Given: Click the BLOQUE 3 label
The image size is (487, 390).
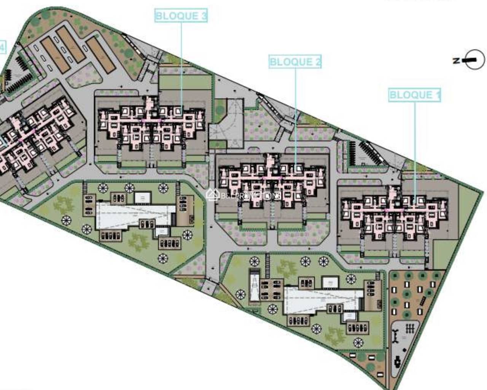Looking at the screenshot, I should tap(181, 16).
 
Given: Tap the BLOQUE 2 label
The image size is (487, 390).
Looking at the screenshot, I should tap(295, 62).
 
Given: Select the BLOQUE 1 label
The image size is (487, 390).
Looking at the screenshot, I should tap(415, 95).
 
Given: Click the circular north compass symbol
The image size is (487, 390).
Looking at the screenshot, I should tap(476, 60).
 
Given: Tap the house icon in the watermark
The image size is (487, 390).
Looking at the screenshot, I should tap(212, 195).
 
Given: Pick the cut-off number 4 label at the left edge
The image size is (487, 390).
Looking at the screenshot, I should tap(3, 47).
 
